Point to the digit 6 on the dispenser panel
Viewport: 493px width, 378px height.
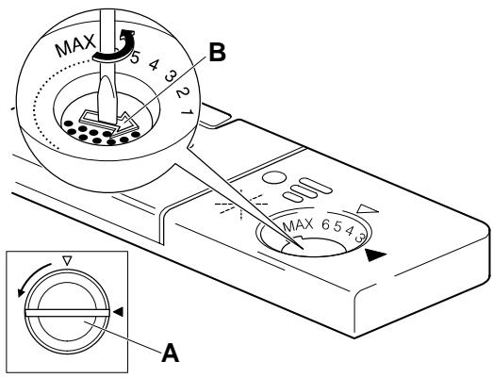click(x=329, y=222)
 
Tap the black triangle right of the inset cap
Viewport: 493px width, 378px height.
click(x=119, y=309)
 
